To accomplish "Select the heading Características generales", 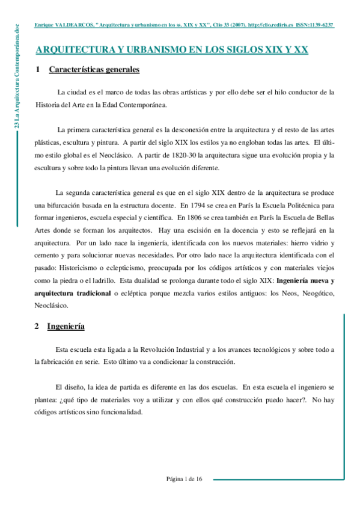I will (x=94, y=70).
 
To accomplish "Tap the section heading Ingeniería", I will (x=67, y=327).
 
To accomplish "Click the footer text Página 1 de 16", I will (x=185, y=479).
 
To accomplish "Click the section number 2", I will (x=37, y=327).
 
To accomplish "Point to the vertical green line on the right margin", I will (x=344, y=391).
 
